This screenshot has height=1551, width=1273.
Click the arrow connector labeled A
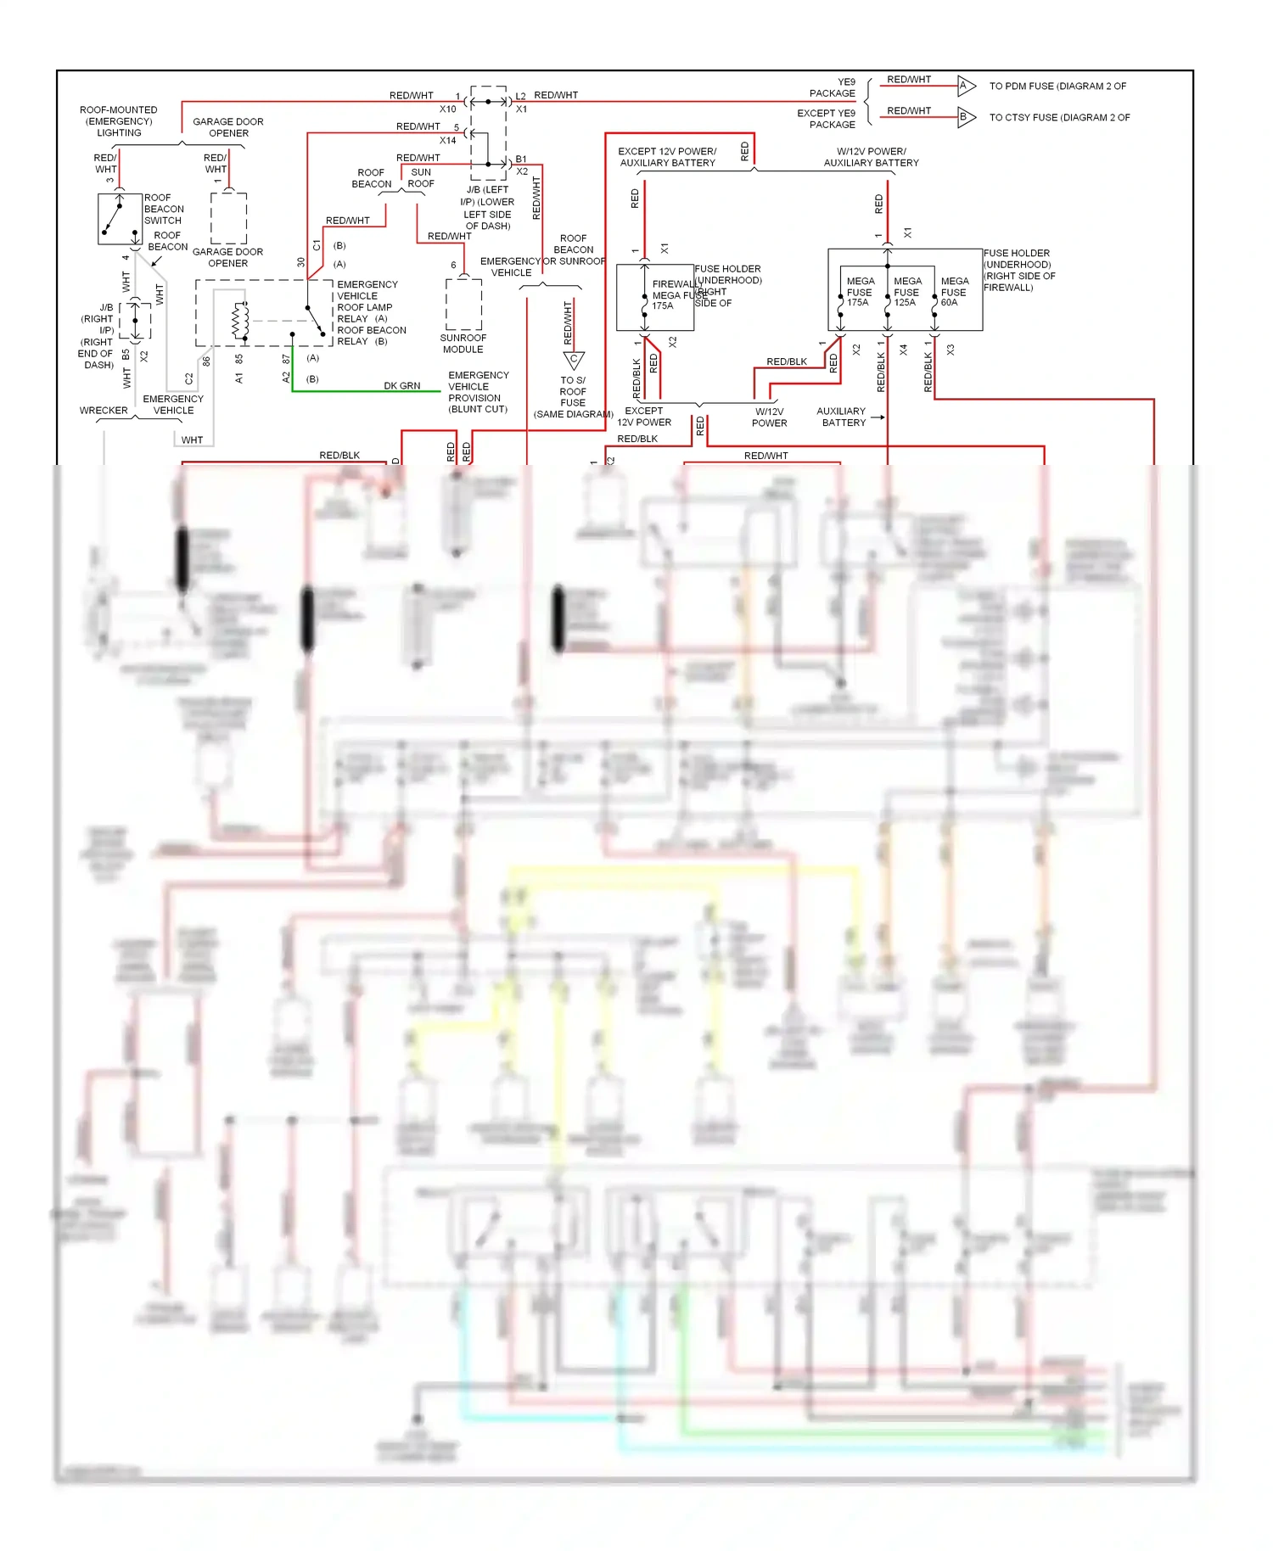[965, 85]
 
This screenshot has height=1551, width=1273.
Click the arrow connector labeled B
[965, 117]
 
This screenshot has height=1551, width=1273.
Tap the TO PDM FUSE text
[1057, 86]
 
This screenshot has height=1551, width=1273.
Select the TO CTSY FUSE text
[1058, 117]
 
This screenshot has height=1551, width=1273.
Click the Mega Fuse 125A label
[906, 292]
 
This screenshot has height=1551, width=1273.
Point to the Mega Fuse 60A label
[954, 292]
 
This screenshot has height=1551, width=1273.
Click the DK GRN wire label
[401, 386]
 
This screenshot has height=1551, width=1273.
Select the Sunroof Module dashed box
[463, 304]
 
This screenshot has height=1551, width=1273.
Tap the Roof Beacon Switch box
[120, 219]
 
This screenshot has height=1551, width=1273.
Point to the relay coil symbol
[240, 320]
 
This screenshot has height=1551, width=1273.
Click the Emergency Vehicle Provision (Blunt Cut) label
[478, 392]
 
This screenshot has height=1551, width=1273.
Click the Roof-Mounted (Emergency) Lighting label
[119, 121]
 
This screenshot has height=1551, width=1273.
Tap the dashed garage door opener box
[228, 218]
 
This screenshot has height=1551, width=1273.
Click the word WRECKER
[104, 411]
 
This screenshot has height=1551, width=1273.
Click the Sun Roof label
[421, 178]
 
